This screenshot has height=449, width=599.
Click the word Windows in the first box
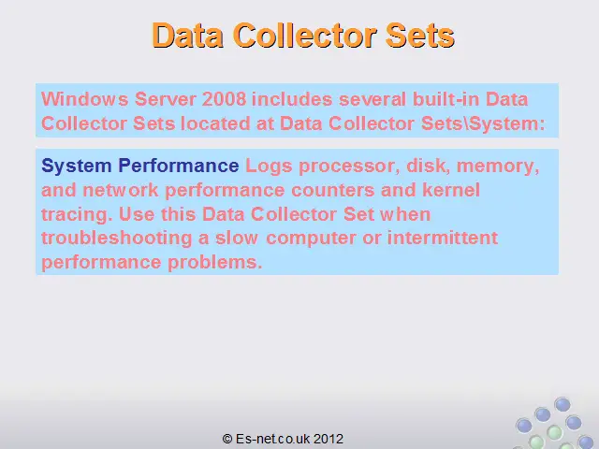85,99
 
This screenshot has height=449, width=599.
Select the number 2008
225,99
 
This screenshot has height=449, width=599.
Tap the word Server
166,99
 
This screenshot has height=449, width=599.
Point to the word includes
292,99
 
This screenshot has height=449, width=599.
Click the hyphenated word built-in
446,99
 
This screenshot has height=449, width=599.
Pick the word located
215,123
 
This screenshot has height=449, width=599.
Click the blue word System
77,166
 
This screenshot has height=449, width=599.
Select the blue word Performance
179,166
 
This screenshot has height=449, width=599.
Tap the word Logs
269,167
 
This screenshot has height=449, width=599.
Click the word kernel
451,190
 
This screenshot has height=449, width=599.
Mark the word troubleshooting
116,239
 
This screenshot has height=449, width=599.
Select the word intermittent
443,238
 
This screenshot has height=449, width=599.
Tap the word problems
215,262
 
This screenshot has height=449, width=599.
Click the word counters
333,191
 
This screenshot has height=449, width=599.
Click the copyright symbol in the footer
227,439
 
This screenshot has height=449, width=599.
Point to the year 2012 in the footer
329,439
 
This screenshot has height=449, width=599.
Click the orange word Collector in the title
305,36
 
